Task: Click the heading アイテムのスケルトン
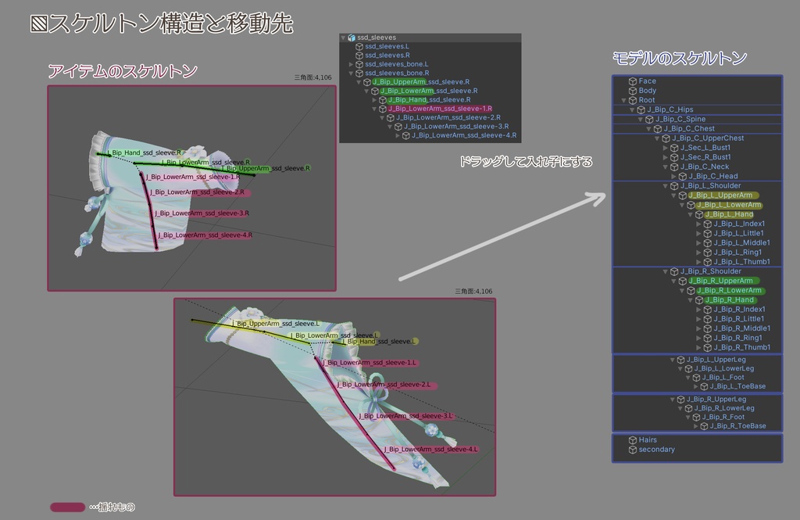point(122,72)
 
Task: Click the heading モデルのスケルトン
point(679,58)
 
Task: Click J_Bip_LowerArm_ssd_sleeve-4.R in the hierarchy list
point(464,135)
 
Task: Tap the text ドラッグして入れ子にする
point(525,163)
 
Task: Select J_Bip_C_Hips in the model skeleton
point(670,109)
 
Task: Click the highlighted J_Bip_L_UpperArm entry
point(720,195)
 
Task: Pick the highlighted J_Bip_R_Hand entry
point(729,299)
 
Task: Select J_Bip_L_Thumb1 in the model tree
point(741,262)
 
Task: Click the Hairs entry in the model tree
point(648,440)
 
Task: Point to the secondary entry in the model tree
point(656,450)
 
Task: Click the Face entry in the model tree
point(647,81)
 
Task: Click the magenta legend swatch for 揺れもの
point(67,507)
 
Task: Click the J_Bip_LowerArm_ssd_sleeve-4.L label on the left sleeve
point(419,450)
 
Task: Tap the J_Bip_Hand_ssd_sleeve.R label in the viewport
point(144,152)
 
